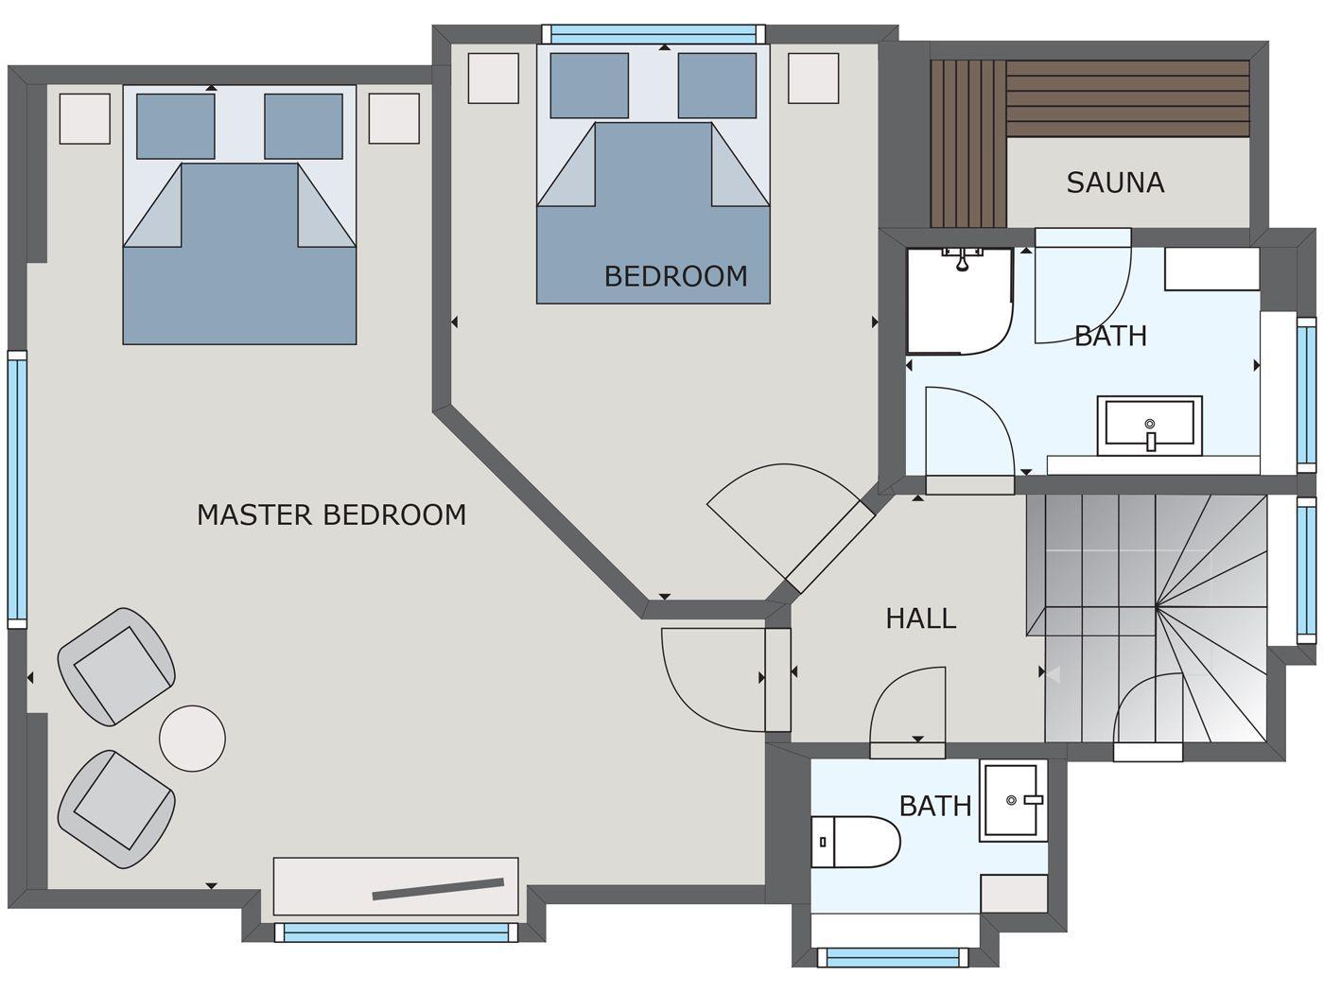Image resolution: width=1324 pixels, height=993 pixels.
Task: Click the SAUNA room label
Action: (x=1114, y=183)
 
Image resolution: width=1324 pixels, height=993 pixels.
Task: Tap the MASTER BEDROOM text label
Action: (x=331, y=515)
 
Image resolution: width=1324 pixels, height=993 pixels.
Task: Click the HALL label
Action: (x=920, y=618)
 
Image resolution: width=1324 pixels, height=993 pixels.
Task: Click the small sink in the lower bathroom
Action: (x=1013, y=801)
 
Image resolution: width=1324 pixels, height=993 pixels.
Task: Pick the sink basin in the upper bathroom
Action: (x=1149, y=426)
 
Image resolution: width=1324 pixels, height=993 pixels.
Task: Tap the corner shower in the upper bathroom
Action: (x=958, y=300)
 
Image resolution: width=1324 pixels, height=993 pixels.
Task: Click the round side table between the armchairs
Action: (x=192, y=739)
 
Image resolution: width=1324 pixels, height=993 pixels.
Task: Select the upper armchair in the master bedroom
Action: (x=116, y=666)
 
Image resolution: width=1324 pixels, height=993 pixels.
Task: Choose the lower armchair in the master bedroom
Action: (x=116, y=809)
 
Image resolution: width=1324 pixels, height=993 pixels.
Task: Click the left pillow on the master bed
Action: (x=176, y=126)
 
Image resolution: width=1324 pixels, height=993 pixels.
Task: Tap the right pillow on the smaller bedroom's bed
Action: (x=716, y=85)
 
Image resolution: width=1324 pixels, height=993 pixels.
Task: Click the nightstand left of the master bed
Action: (x=85, y=119)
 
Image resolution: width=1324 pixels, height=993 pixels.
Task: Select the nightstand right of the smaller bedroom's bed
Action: (x=813, y=78)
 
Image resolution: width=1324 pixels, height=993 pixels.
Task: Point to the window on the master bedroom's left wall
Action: (x=17, y=489)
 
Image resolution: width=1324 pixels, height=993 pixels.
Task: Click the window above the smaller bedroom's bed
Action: (x=653, y=33)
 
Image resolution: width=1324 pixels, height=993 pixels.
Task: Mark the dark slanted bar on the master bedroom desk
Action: (x=438, y=889)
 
